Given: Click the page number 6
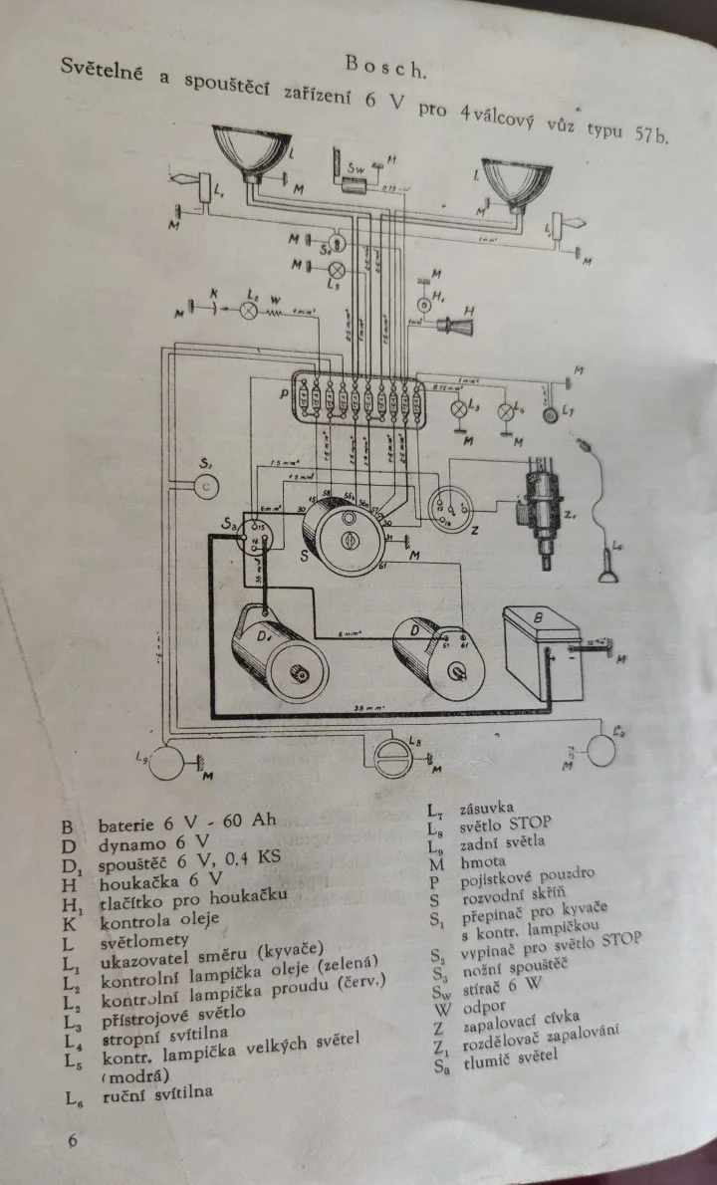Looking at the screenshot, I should coord(73,1140).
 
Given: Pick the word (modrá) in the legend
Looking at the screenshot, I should coord(135,1076).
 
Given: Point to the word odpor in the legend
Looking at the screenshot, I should coord(486,1009).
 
